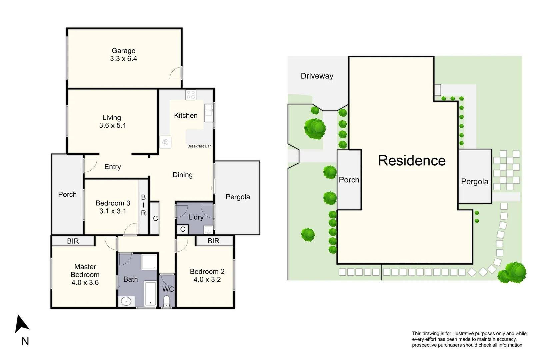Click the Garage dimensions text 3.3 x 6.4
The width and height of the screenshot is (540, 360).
[123, 59]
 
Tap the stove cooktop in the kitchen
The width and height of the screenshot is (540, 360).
[191, 95]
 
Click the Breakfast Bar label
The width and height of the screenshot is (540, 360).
[199, 146]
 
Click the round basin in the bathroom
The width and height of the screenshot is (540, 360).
[126, 302]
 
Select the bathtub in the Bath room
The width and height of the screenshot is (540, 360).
[150, 294]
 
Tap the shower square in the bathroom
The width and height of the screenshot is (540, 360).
[149, 262]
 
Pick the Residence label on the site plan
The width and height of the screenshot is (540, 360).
[412, 161]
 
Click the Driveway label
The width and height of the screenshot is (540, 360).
[317, 76]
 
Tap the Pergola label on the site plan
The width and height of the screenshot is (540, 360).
[475, 182]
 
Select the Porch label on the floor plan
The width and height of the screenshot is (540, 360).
[67, 194]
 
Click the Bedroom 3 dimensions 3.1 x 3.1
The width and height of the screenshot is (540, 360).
[113, 211]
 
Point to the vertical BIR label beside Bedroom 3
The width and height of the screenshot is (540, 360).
[143, 205]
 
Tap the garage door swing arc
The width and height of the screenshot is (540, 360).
[176, 73]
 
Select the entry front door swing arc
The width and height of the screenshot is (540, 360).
[90, 165]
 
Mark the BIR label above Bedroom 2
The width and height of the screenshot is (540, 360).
[213, 241]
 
